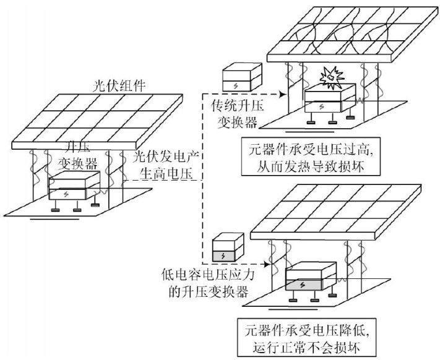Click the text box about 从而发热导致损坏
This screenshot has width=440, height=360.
pyautogui.click(x=319, y=156)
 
